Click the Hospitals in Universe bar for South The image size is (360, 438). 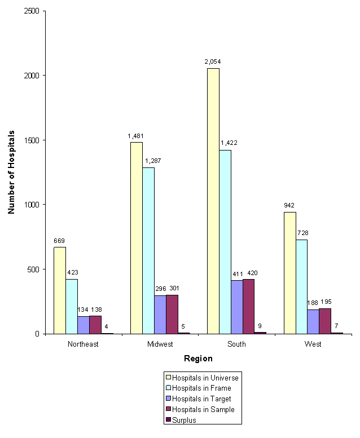213,201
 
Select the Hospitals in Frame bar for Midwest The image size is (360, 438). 148,250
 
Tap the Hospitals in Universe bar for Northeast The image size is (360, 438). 59,290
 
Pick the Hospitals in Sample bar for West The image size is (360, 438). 324,321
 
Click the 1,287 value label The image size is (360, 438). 152,161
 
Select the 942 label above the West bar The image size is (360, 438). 290,205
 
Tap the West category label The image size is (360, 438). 313,344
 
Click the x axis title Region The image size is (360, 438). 197,359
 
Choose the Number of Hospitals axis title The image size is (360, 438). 11,172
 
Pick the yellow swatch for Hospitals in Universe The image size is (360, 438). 168,376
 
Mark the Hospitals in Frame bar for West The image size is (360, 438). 301,286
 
